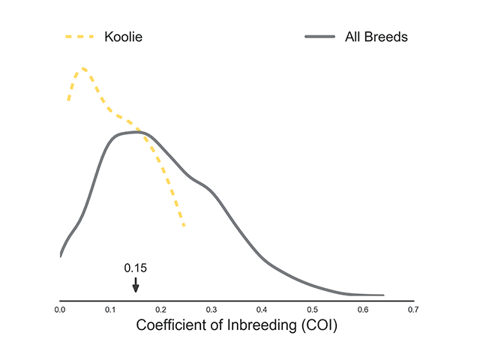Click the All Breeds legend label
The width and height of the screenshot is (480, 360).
tap(376, 36)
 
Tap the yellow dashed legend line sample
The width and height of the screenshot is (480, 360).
tap(80, 36)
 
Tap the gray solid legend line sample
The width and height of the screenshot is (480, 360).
tap(320, 36)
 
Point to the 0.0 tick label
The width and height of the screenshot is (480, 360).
tap(60, 308)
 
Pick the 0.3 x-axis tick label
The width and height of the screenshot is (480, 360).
tap(211, 308)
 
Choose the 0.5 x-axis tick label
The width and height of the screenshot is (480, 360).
tap(313, 308)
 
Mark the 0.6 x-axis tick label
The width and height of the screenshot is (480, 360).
tap(363, 308)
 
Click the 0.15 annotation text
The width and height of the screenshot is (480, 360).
tap(135, 268)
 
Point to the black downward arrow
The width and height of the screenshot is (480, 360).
tap(135, 285)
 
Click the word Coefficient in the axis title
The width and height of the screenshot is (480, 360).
tap(172, 326)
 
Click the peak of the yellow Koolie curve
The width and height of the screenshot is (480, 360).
tap(82, 68)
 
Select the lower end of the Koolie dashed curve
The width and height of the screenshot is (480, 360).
tap(184, 226)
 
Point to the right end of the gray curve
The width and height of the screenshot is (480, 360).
tap(383, 295)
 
